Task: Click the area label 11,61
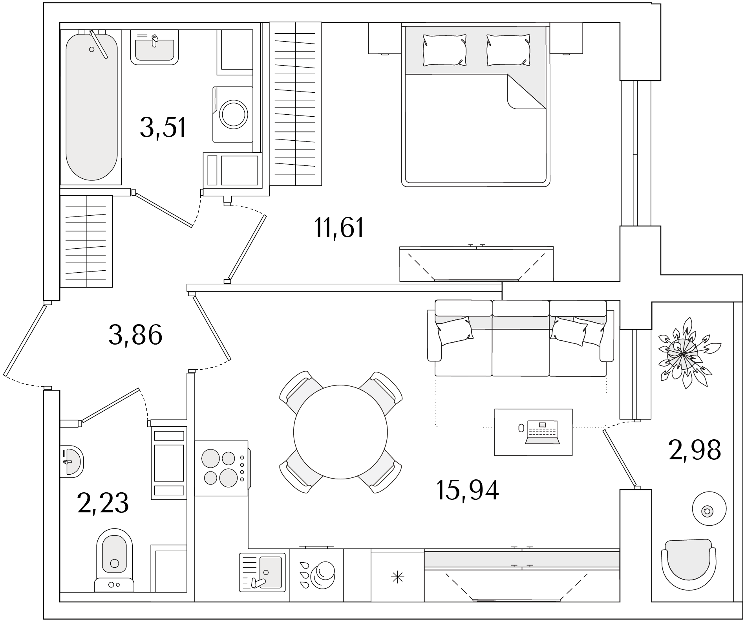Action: coord(339,228)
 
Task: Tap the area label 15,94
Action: coord(467,490)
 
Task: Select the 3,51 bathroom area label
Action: coord(163,128)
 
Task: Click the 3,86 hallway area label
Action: coord(135,335)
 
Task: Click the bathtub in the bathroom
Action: coord(91,106)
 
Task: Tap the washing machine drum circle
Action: coord(234,114)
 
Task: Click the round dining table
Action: coord(340,432)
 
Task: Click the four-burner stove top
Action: coord(221,468)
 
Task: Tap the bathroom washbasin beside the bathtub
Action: coord(154,48)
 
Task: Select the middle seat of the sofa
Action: coord(520,338)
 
